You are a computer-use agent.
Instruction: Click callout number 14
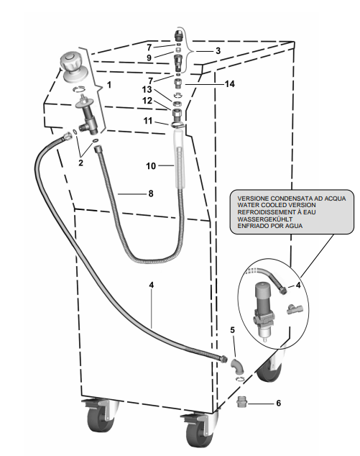tap(229, 84)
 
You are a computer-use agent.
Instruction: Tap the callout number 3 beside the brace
tap(218, 51)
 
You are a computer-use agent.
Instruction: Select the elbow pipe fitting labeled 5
tap(237, 365)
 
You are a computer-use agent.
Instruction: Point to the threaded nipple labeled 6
tap(241, 402)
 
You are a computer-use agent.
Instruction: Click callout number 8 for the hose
tap(151, 193)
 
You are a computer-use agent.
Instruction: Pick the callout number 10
tap(151, 166)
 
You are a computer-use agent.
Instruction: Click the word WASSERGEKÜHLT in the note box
tap(265, 219)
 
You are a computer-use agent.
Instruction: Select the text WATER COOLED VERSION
tap(277, 205)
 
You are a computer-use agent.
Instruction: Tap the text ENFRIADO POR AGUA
tap(270, 226)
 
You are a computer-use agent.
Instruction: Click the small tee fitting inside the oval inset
tap(295, 309)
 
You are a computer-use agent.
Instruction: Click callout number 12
tap(147, 101)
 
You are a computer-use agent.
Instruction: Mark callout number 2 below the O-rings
tap(80, 163)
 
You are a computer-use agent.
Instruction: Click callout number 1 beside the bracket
tap(109, 85)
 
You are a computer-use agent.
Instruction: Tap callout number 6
tap(278, 403)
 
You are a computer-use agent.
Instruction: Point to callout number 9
tap(149, 58)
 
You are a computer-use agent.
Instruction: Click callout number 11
tap(148, 120)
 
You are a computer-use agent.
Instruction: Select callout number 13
tap(147, 90)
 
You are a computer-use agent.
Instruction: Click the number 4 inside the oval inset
tap(298, 286)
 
